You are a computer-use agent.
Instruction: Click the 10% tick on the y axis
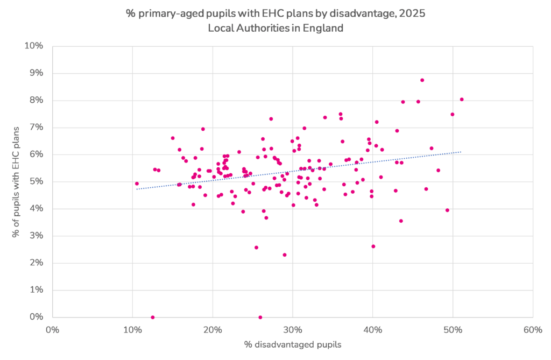(34, 46)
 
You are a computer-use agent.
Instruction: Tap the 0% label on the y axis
(37, 317)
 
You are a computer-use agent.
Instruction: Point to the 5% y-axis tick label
(37, 181)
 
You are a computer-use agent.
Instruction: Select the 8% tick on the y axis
(37, 100)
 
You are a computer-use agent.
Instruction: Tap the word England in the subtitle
(324, 28)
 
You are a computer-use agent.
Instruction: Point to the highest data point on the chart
(422, 80)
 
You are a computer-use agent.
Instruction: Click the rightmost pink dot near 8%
(462, 99)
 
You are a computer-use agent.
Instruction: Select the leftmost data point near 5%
(137, 183)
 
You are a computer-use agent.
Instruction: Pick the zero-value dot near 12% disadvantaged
(153, 317)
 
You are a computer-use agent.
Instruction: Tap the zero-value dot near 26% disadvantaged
(260, 317)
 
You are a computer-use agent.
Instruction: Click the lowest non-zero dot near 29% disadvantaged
(285, 255)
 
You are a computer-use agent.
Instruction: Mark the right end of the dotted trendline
(461, 152)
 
